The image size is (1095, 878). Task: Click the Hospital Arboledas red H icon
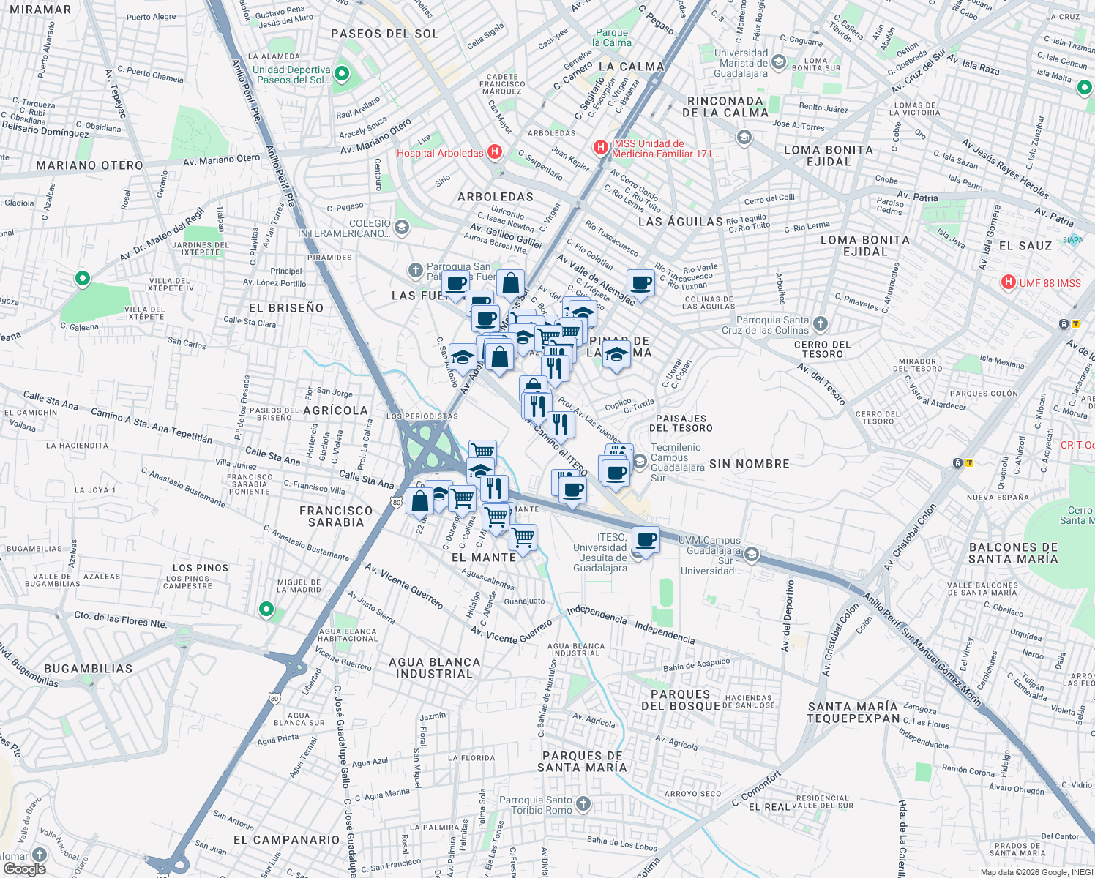click(x=495, y=152)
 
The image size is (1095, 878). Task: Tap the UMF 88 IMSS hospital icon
click(x=1009, y=282)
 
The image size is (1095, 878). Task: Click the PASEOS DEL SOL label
click(x=385, y=34)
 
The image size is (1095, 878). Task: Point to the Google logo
click(x=24, y=868)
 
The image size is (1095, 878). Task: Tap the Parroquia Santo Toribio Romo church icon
click(x=583, y=804)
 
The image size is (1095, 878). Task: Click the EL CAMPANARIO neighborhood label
click(x=286, y=840)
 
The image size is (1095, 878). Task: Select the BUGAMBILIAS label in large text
click(x=88, y=669)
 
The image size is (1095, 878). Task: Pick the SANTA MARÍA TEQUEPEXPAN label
click(x=853, y=712)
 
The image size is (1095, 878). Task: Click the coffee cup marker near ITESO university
click(x=646, y=540)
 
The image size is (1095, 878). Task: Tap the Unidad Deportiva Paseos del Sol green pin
click(x=341, y=74)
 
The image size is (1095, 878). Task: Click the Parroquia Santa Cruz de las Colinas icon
click(x=821, y=323)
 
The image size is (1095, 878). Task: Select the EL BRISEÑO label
click(x=286, y=308)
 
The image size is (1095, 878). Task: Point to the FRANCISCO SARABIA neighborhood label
click(x=336, y=517)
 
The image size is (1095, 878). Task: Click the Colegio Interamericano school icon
click(x=401, y=228)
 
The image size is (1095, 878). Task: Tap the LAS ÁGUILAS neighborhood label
click(x=680, y=222)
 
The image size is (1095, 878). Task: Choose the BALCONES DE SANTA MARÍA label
click(x=1013, y=553)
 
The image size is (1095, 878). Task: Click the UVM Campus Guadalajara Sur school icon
click(x=751, y=555)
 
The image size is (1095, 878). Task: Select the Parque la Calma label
click(x=612, y=37)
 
